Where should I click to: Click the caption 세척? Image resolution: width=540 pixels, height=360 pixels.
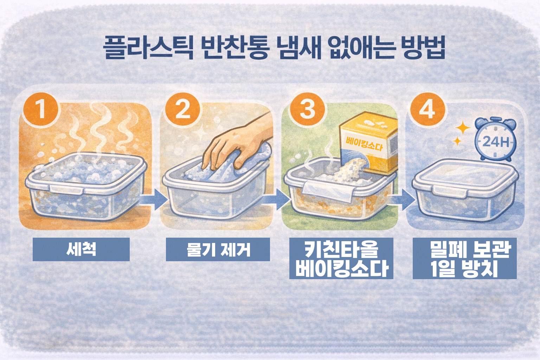pyautogui.click(x=81, y=249)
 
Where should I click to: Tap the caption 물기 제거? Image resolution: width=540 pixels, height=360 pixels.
pyautogui.click(x=218, y=249)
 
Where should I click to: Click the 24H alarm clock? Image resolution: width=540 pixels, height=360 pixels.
pyautogui.click(x=496, y=140)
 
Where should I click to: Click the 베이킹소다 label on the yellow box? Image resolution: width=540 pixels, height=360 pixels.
pyautogui.click(x=364, y=144)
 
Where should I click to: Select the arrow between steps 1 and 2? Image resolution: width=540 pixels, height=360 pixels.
pyautogui.click(x=153, y=199)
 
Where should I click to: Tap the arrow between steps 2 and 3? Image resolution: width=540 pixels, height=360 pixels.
pyautogui.click(x=276, y=199)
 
